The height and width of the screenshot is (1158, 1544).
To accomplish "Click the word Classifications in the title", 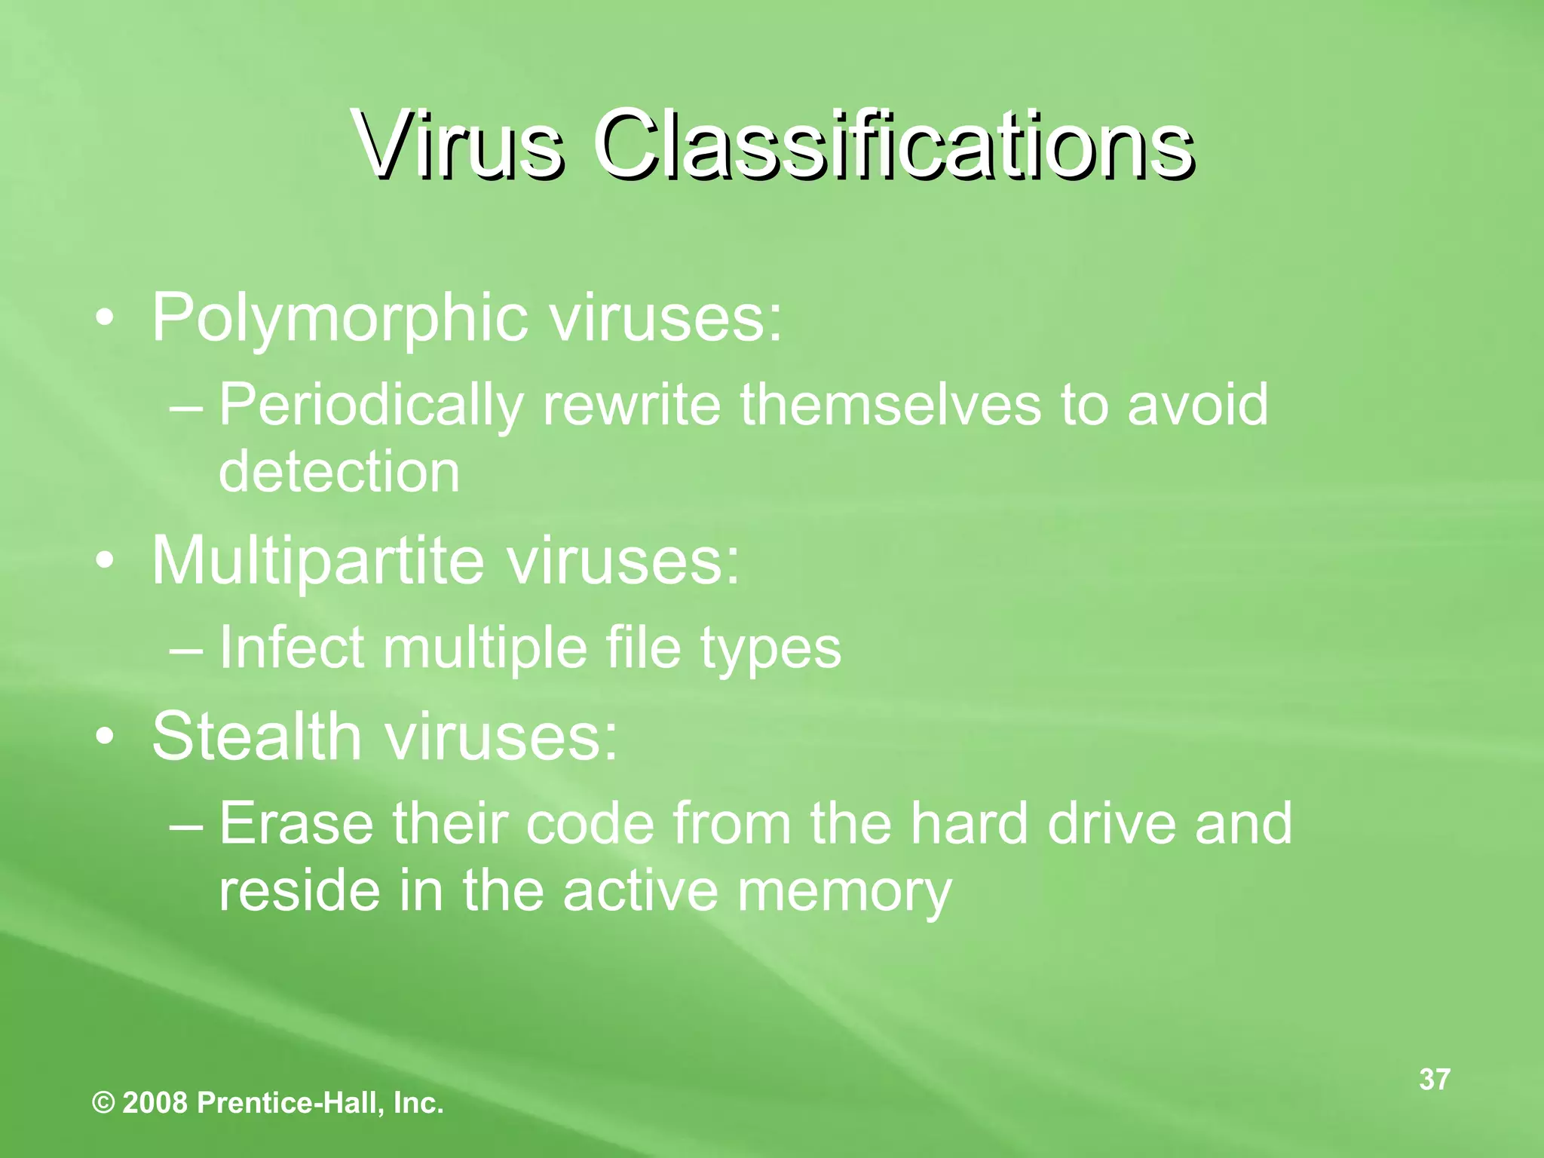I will click(x=893, y=143).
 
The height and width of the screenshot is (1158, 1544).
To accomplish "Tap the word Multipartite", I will click(x=317, y=561).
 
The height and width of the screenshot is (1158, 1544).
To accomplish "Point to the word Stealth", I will click(x=256, y=736).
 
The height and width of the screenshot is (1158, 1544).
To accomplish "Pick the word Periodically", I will click(x=370, y=406).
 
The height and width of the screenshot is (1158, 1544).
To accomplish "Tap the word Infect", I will click(x=292, y=648).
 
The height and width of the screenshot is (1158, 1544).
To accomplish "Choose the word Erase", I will click(x=296, y=823).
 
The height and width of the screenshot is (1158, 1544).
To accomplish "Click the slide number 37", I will click(x=1434, y=1080).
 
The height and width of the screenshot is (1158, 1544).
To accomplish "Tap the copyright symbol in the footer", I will click(x=103, y=1104).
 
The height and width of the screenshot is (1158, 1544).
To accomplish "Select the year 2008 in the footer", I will click(x=155, y=1104).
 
